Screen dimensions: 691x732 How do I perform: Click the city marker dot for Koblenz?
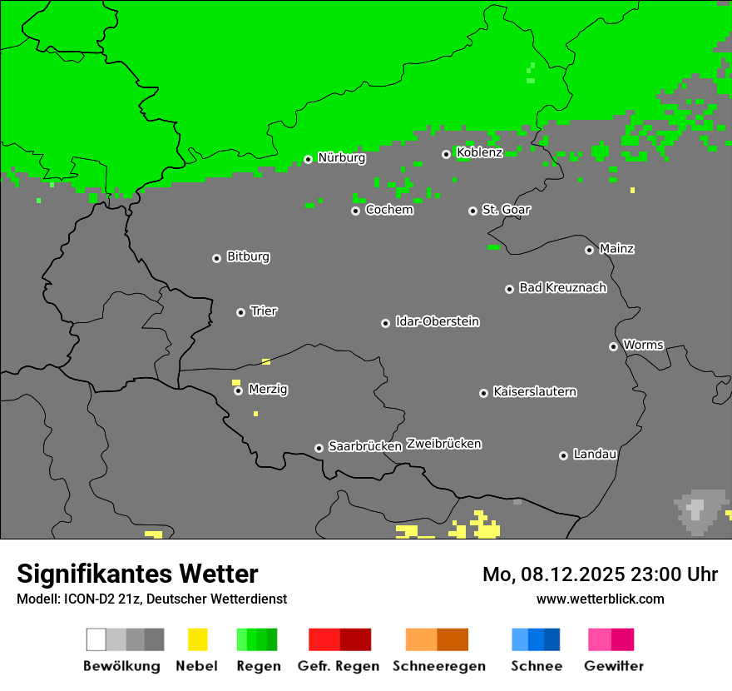point(446,154)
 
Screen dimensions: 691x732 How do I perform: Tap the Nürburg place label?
point(341,157)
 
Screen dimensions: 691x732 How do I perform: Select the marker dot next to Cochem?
point(355,211)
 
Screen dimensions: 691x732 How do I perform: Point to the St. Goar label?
point(506,210)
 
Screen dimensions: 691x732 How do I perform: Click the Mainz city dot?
point(589,250)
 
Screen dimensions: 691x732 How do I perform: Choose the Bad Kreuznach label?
point(562,288)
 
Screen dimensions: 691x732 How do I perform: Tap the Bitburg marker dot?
point(216,258)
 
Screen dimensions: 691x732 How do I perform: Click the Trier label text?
point(264,311)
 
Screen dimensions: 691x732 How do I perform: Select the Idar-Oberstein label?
point(437,322)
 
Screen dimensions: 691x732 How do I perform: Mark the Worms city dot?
point(613,346)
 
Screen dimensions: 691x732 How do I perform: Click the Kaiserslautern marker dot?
point(483,393)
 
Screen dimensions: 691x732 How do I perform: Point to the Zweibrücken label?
point(443,444)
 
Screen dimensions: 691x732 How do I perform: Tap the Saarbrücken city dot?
point(319,448)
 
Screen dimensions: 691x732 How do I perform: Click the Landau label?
point(595,455)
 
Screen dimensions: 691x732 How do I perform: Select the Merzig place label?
point(268,390)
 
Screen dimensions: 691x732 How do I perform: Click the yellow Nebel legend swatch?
point(197,639)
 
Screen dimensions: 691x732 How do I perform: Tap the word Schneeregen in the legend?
point(438,666)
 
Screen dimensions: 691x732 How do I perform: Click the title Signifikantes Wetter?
point(137,574)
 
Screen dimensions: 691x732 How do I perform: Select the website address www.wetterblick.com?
point(600,599)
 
